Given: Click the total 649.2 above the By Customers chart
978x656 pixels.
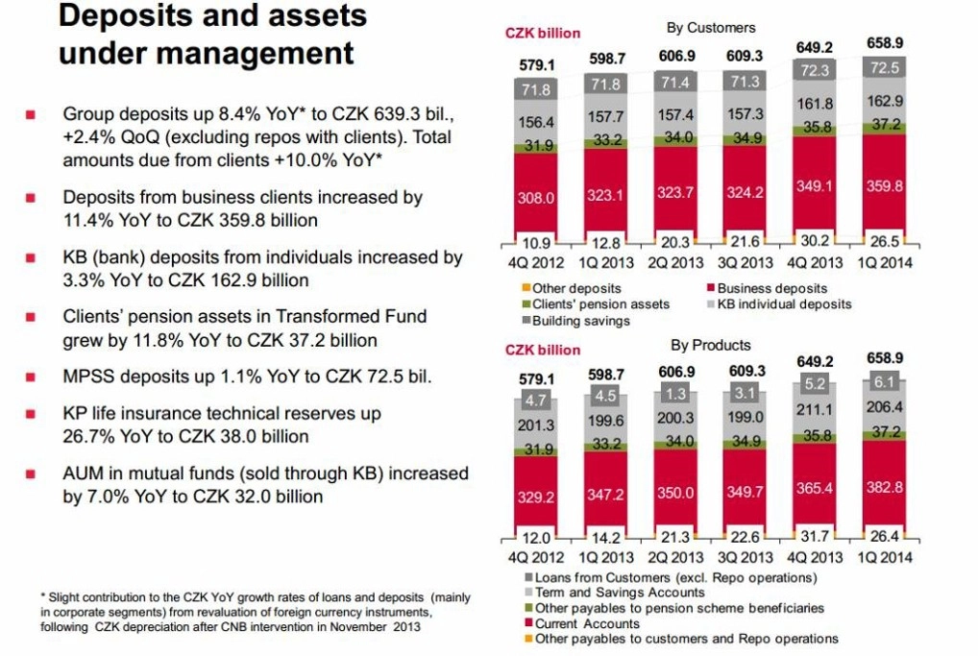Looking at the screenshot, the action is pos(815,47).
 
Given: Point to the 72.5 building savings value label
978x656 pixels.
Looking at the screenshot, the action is pos(885,67).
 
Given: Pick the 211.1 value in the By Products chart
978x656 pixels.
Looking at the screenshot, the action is pos(815,410).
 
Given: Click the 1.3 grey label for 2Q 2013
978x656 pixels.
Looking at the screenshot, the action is pos(675,394).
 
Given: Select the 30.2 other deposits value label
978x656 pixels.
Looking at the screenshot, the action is pos(815,241).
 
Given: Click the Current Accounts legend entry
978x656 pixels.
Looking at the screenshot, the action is pos(582,623).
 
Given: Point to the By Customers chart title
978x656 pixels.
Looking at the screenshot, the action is pos(710,28).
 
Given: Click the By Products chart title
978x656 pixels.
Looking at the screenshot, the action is pos(710,346).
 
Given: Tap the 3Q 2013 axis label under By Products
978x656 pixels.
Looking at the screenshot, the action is pos(746,557).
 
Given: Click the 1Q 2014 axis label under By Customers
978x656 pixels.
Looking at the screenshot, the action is pos(885,263).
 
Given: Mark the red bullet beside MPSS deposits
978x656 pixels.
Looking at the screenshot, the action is pos(30,377).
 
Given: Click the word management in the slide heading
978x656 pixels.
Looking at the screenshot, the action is pos(256,54).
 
